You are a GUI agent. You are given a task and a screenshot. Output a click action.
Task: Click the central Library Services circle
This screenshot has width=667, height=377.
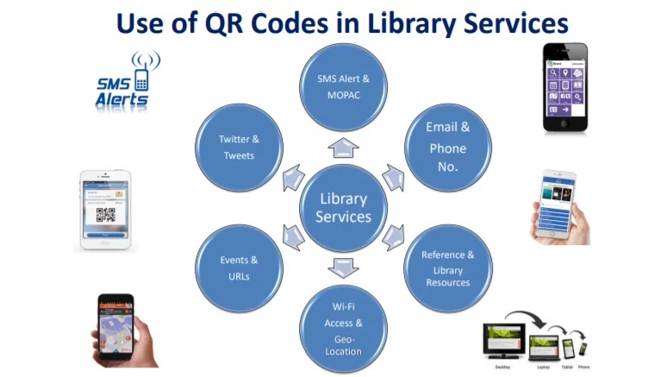tap(343, 208)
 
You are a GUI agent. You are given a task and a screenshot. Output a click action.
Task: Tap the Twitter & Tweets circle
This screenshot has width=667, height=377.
tap(239, 148)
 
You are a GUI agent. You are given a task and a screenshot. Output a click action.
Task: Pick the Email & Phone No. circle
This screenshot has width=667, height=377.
tap(447, 148)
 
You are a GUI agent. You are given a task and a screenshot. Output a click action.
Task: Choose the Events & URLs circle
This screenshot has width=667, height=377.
tap(239, 267)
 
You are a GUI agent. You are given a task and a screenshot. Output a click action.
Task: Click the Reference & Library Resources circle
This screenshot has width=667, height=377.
tap(447, 267)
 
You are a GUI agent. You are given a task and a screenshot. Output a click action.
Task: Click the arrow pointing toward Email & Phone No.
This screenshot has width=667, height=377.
tap(393, 178)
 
